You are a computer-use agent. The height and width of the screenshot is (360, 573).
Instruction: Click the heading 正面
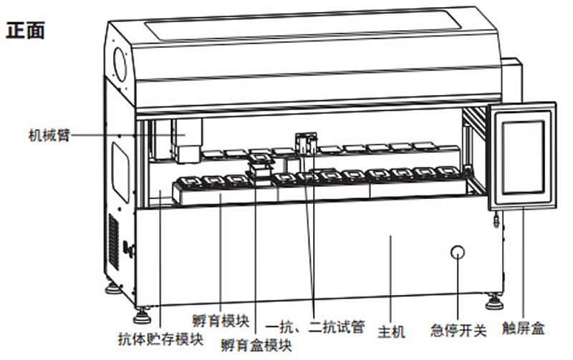click(x=26, y=31)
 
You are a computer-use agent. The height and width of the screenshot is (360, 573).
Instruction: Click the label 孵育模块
click(x=220, y=319)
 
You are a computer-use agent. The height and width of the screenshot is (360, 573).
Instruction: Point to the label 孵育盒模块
click(x=256, y=346)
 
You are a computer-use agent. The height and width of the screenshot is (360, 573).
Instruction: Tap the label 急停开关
click(x=458, y=331)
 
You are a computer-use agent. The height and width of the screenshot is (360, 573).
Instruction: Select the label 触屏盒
click(x=524, y=329)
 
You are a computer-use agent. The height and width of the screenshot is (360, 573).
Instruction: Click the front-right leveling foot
click(x=493, y=302)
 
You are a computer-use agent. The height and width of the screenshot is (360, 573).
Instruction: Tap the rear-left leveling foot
click(x=112, y=289)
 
